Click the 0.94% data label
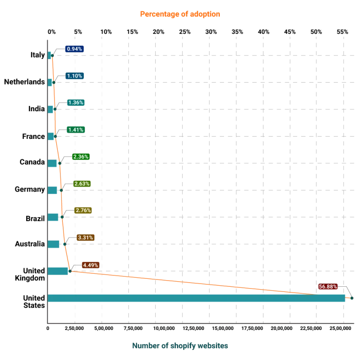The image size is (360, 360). (75, 49)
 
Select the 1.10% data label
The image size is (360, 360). (75, 76)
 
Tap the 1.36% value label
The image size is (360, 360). (75, 103)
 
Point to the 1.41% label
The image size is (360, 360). (75, 130)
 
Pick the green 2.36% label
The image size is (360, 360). (81, 157)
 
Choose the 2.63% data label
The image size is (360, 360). (82, 184)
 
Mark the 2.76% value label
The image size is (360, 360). (83, 211)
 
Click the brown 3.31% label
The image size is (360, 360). (86, 238)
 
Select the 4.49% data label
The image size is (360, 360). (90, 265)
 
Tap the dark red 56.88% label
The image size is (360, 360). (328, 287)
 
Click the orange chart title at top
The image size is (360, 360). (180, 15)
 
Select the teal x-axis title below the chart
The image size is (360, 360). (180, 345)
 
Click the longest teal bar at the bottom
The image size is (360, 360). (197, 298)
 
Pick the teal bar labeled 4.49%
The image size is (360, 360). (59, 271)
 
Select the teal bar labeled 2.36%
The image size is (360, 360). (53, 163)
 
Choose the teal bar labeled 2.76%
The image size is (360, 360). (54, 217)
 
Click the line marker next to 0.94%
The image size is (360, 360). (53, 55)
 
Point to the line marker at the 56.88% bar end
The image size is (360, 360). (349, 298)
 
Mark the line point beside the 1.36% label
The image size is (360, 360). (55, 109)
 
